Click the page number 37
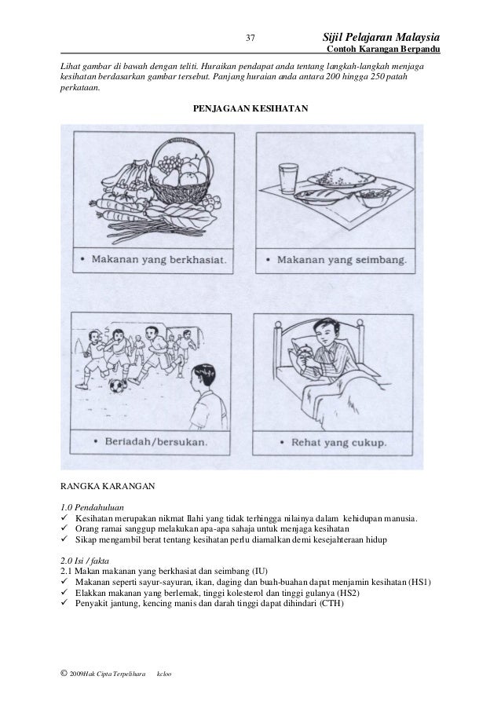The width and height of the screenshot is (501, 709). coord(251,38)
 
